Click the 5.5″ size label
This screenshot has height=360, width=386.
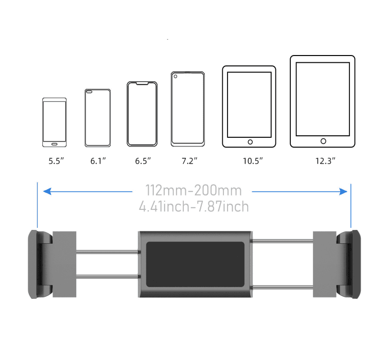56,161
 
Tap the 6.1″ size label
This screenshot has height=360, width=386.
98,161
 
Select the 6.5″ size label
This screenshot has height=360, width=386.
143,161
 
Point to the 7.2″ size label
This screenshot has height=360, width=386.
189,161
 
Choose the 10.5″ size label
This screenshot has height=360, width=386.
253,161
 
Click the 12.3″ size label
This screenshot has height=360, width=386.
325,161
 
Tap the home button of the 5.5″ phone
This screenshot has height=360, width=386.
54,144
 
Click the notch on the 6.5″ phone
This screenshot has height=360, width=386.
142,83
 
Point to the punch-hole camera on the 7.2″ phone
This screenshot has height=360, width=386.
176,77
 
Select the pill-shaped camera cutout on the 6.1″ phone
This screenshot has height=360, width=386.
89,92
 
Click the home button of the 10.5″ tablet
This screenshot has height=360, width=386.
250,142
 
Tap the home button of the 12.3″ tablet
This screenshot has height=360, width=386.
323,141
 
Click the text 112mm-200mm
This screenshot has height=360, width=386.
194,190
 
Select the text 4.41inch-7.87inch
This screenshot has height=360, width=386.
194,206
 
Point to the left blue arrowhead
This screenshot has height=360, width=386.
47,191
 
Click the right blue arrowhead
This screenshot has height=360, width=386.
343,191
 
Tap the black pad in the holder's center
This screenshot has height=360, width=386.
195,264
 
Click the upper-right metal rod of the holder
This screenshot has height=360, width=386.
283,241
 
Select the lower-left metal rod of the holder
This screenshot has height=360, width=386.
107,277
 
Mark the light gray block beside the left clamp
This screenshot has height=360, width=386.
64,264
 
